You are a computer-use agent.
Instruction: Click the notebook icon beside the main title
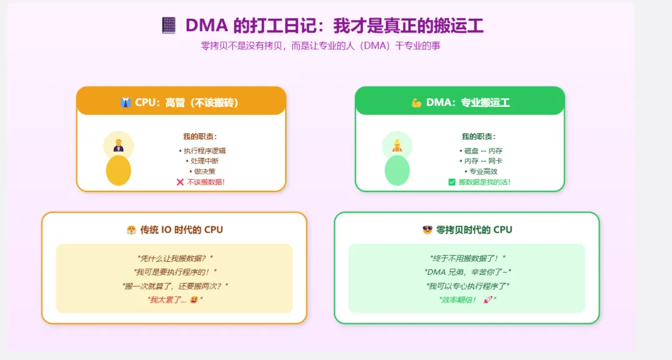click(x=169, y=25)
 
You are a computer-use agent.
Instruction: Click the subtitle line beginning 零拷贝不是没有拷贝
click(x=320, y=45)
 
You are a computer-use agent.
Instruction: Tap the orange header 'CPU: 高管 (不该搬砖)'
click(x=181, y=102)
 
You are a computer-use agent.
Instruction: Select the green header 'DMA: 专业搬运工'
click(x=460, y=102)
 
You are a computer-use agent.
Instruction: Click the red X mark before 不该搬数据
click(x=180, y=182)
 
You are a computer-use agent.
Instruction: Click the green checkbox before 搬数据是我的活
click(x=452, y=182)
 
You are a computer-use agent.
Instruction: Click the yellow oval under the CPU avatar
click(x=118, y=170)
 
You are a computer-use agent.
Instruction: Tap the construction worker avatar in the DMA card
click(x=397, y=145)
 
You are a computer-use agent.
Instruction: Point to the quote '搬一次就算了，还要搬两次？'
click(x=175, y=286)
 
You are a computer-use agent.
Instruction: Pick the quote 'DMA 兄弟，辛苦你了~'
click(x=467, y=272)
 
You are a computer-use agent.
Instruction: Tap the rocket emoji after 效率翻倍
click(x=488, y=300)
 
